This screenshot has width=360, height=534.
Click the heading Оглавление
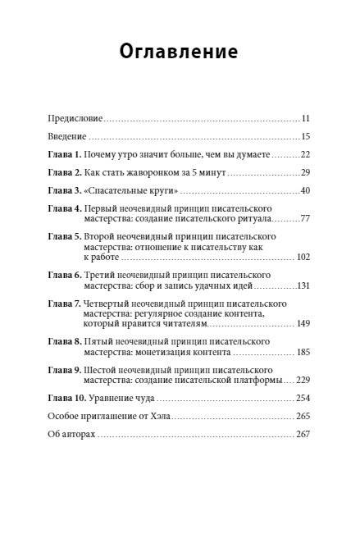180,52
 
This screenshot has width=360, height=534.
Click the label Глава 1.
66,154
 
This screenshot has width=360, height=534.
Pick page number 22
304,154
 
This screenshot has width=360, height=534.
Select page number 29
304,172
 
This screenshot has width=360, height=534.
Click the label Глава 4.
66,208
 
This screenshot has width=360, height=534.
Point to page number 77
304,220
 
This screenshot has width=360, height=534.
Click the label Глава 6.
66,275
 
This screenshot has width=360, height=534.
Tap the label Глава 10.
68,398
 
